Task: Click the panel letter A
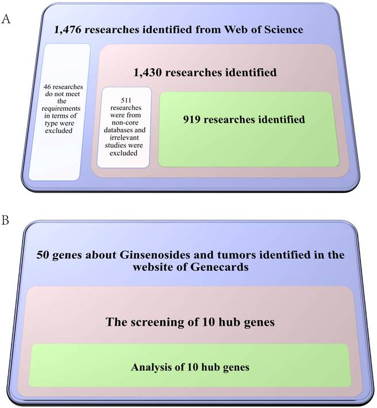pyautogui.click(x=6, y=19)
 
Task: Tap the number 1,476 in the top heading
pyautogui.click(x=67, y=29)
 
